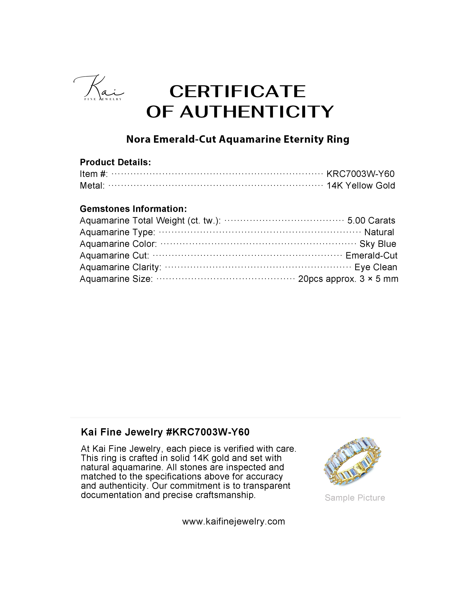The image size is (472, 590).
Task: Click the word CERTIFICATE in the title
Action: point(237,91)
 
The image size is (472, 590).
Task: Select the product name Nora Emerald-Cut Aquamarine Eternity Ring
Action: point(237,139)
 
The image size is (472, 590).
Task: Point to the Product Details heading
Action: point(115,162)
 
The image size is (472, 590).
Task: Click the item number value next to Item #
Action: point(360,174)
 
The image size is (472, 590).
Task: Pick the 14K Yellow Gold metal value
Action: point(361,186)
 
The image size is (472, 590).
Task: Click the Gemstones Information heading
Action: point(133,209)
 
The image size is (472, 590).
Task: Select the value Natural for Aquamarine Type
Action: point(379,232)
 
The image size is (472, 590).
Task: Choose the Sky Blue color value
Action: point(378,244)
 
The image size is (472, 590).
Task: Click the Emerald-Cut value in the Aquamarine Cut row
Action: point(371,255)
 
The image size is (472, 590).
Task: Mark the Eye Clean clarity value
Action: point(375,267)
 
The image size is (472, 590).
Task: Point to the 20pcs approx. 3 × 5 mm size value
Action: point(348,279)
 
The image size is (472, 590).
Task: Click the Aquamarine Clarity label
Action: point(120,267)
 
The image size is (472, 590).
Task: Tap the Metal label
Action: point(92,186)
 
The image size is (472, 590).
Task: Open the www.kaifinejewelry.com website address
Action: point(233,521)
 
